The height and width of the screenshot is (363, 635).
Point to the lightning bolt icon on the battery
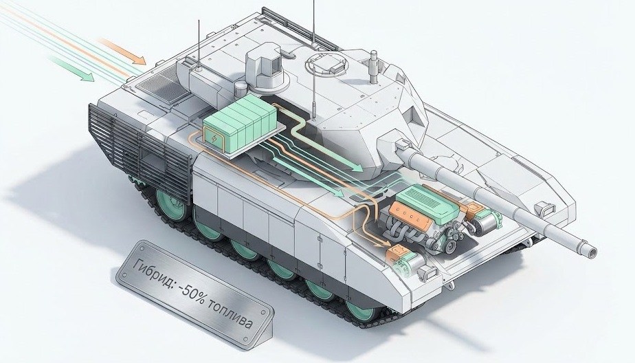click(x=214, y=140)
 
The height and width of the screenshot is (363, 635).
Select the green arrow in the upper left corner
click(x=71, y=69)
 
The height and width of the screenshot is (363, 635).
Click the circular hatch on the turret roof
click(x=326, y=62)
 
